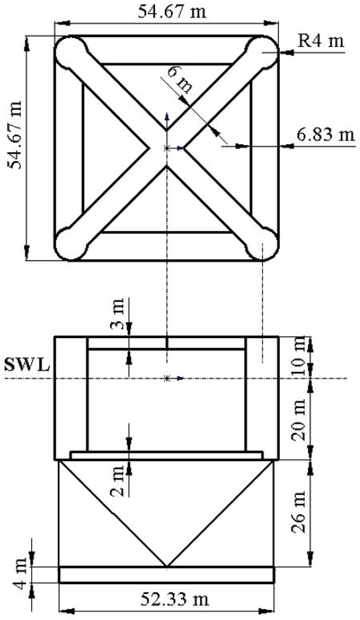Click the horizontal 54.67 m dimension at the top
click(x=172, y=12)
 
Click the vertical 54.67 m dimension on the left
click(x=14, y=135)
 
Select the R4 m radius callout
click(x=321, y=41)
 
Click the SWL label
click(x=27, y=365)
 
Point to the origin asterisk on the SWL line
click(x=167, y=378)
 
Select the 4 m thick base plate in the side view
click(x=166, y=574)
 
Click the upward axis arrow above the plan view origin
click(x=167, y=117)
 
